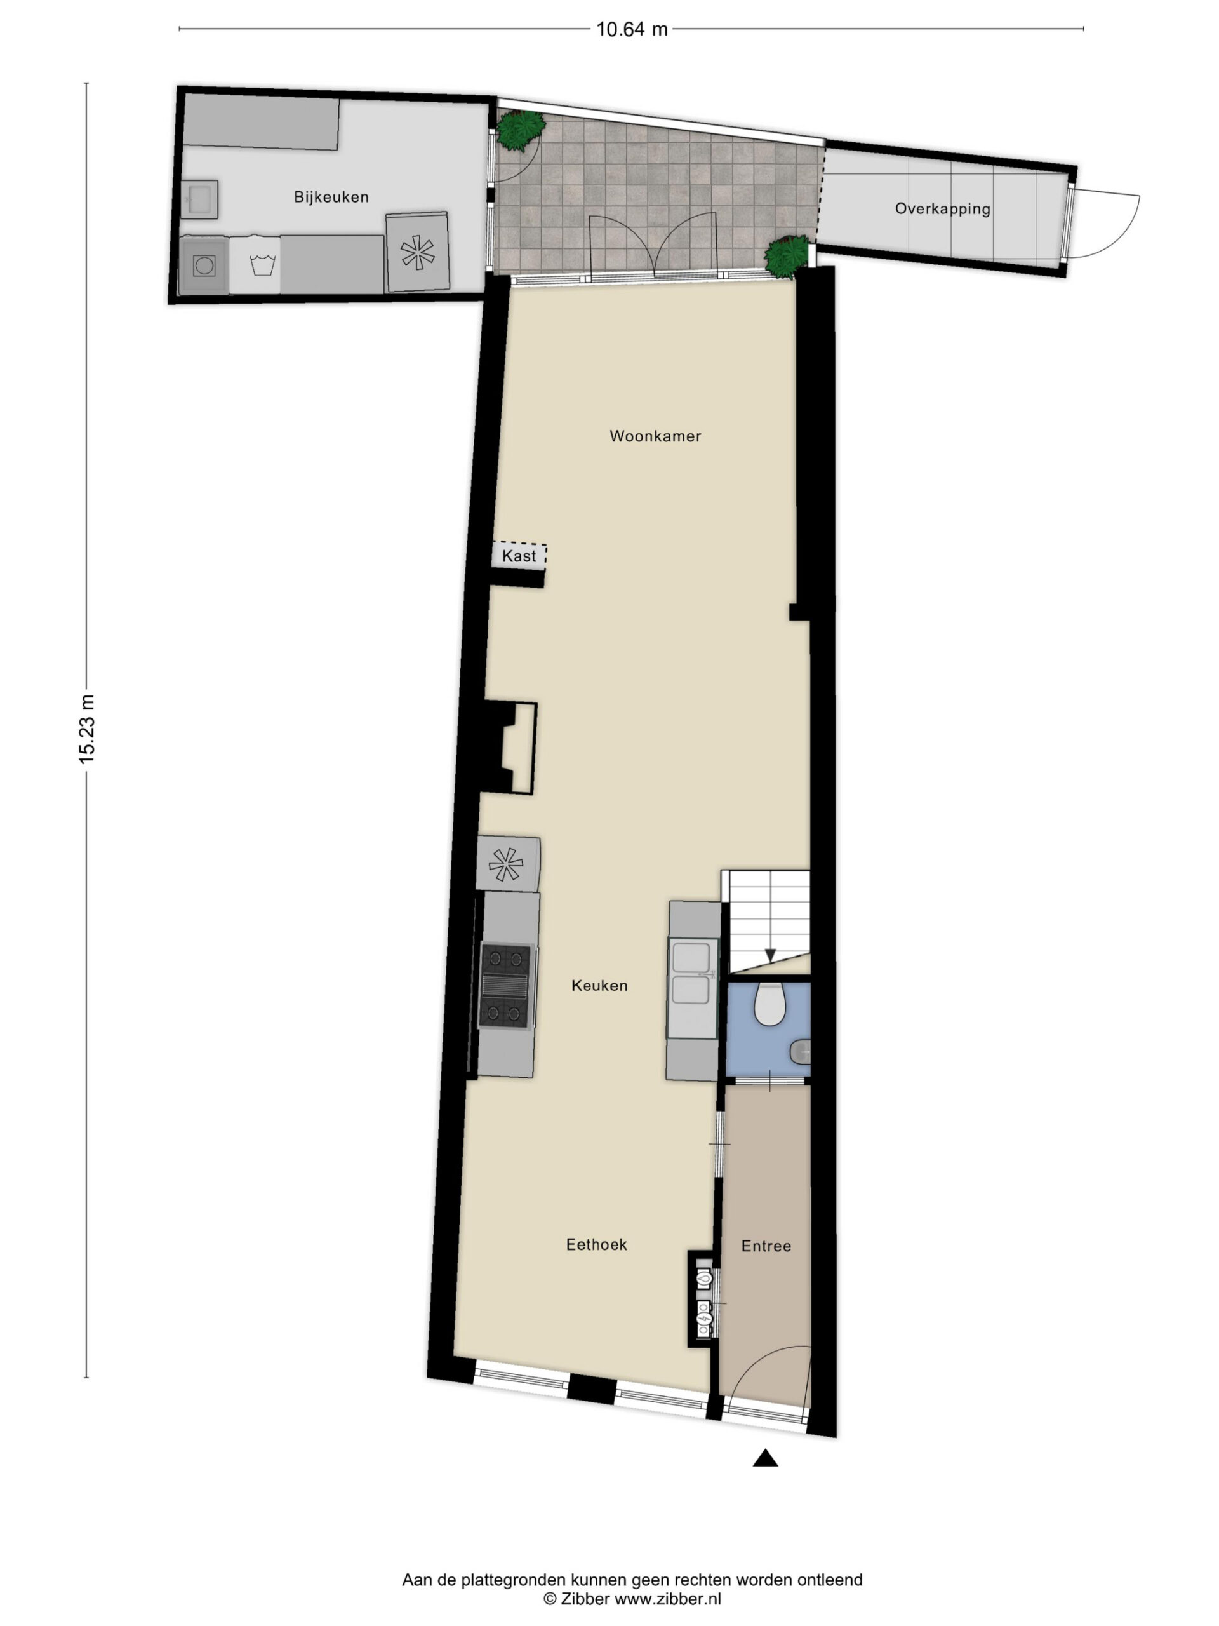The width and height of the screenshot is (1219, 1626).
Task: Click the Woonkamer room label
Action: point(655,436)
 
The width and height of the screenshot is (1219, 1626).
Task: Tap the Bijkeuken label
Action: point(331,197)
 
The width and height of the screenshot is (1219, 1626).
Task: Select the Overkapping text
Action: point(943,209)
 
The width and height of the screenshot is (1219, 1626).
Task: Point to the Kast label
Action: point(519,556)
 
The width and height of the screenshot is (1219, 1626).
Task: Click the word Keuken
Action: point(599,986)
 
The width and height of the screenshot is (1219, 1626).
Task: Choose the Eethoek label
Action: point(596,1244)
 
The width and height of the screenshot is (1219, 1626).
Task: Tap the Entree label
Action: point(766,1246)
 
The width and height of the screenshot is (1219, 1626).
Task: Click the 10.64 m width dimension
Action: point(631,29)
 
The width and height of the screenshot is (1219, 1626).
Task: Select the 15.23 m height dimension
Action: point(88,729)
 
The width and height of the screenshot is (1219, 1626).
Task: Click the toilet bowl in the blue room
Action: point(769,1004)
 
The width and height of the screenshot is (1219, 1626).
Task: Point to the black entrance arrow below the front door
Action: point(765,1458)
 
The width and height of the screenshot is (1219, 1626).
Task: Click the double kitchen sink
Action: point(691,972)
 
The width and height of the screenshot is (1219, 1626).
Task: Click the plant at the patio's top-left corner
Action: point(520,130)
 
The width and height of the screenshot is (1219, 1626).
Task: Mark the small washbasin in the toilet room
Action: point(801,1052)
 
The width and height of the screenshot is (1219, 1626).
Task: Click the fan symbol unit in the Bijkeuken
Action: point(417,252)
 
